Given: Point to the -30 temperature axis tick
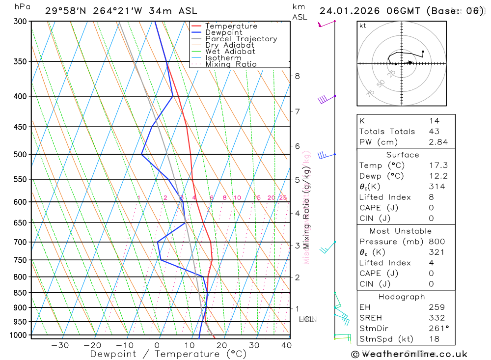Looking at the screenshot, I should pyautogui.click(x=60, y=345).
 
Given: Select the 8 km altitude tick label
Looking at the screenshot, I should pyautogui.click(x=297, y=76).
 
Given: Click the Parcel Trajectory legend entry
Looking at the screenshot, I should pyautogui.click(x=241, y=39).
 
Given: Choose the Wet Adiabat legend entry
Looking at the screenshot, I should pyautogui.click(x=230, y=52).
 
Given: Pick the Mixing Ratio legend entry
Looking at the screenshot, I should pyautogui.click(x=231, y=64).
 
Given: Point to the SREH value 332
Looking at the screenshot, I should pyautogui.click(x=436, y=318).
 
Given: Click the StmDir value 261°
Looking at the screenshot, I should pyautogui.click(x=438, y=329).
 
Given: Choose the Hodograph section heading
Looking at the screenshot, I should pyautogui.click(x=402, y=297).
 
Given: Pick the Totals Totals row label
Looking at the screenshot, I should pyautogui.click(x=387, y=131).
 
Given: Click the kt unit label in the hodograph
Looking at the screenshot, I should pyautogui.click(x=363, y=26).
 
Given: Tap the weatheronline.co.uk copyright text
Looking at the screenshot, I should pyautogui.click(x=409, y=354).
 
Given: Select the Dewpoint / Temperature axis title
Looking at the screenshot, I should pyautogui.click(x=168, y=354).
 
